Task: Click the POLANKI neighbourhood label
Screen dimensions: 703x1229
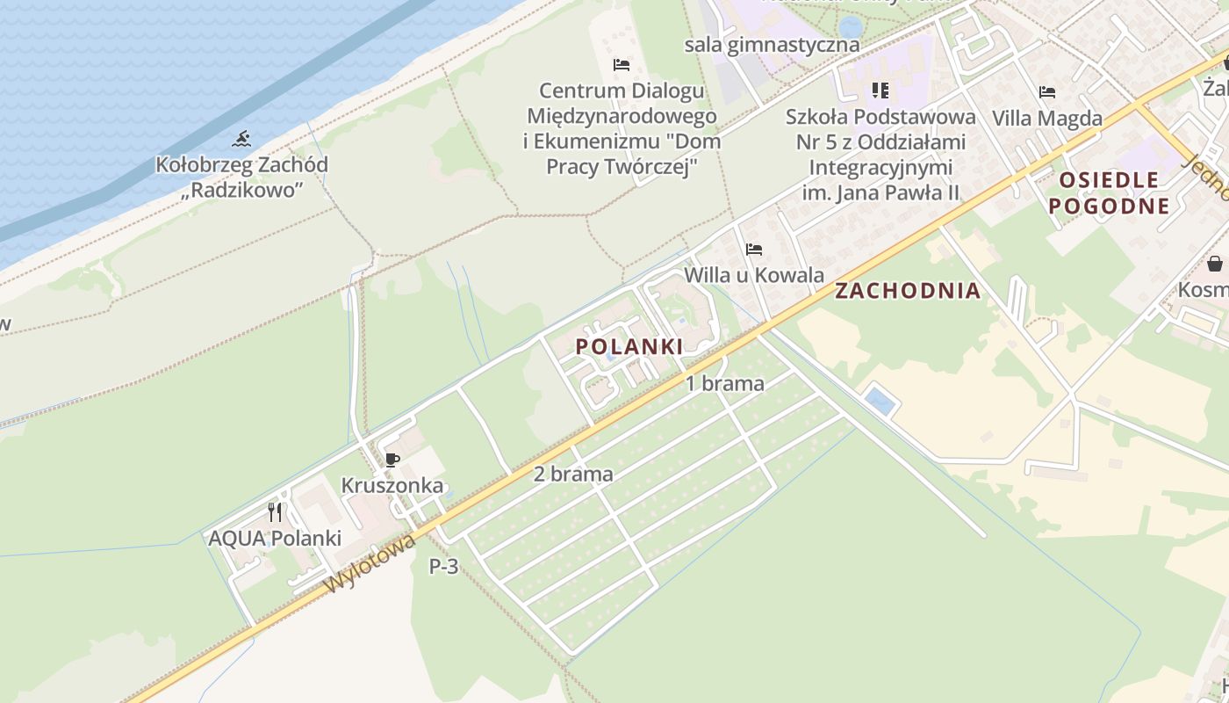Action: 629,346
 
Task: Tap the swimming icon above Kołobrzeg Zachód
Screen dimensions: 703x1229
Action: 242,139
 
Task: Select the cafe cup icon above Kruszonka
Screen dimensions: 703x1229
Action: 392,460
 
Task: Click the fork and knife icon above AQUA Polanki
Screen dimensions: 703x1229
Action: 275,511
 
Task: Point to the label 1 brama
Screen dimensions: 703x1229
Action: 724,383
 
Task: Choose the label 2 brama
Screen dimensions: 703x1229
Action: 573,475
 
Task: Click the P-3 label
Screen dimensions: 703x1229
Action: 443,567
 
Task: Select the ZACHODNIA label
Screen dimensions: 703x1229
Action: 907,291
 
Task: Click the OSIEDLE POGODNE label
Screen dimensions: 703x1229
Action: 1109,193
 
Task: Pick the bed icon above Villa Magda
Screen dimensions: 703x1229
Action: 1046,92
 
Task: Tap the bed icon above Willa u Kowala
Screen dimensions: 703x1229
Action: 753,250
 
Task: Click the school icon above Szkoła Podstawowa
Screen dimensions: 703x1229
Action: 880,91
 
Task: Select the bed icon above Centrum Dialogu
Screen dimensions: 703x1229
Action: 622,65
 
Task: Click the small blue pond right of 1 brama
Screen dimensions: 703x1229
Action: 880,402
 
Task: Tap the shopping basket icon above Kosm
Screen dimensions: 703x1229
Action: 1215,264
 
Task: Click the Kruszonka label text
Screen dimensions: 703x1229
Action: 392,486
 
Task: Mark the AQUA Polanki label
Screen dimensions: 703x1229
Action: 274,538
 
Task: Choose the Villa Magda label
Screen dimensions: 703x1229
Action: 1046,118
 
